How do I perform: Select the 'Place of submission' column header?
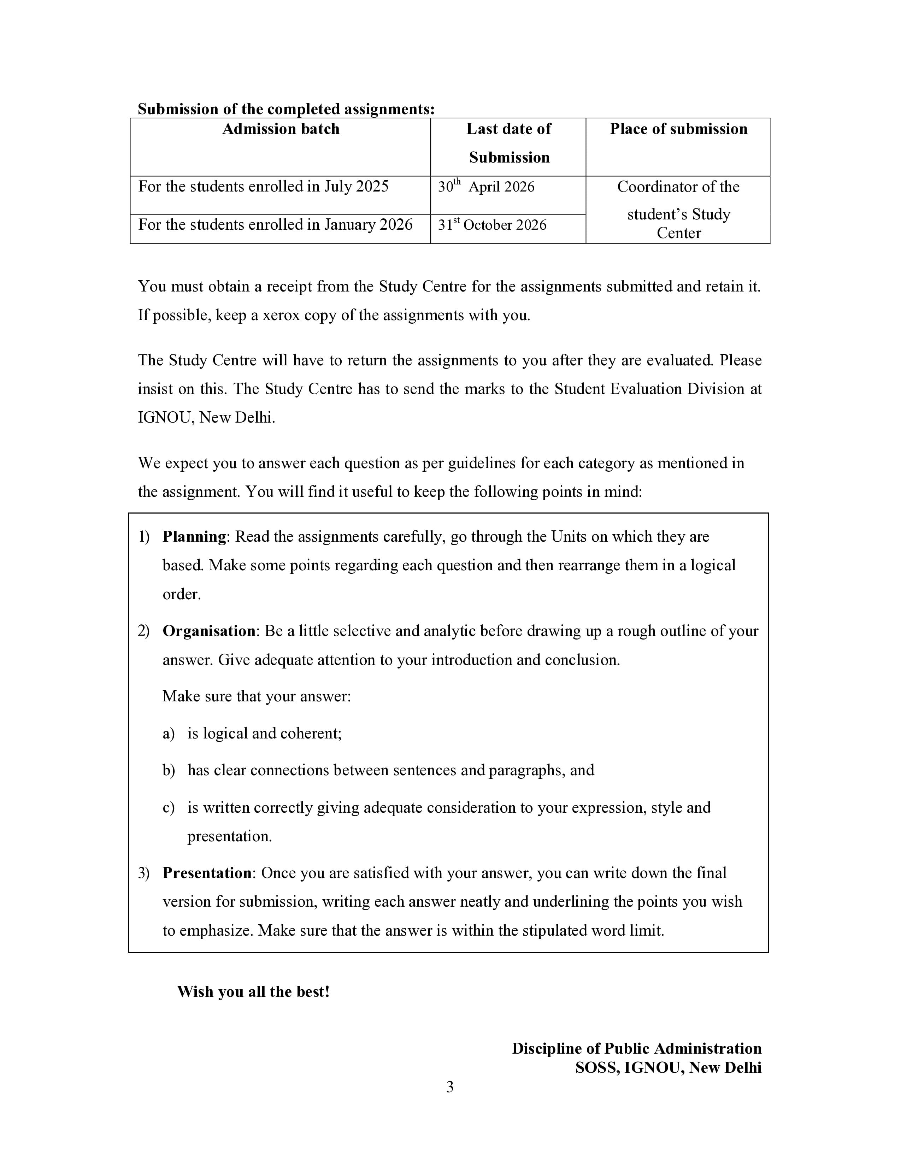(678, 129)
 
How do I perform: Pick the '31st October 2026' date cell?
(492, 225)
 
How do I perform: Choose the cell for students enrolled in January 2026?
(276, 225)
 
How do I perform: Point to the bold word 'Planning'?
(194, 537)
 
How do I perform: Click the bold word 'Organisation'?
(209, 631)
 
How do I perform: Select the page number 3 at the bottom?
(450, 1087)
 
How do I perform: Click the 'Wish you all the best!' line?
(254, 992)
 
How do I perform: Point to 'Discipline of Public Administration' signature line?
(636, 1049)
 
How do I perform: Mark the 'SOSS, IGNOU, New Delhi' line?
(668, 1068)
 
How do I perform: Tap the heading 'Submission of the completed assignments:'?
(286, 109)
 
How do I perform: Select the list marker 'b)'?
(169, 770)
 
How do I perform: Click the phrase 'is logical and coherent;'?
(264, 734)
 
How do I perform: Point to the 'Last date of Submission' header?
(509, 143)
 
